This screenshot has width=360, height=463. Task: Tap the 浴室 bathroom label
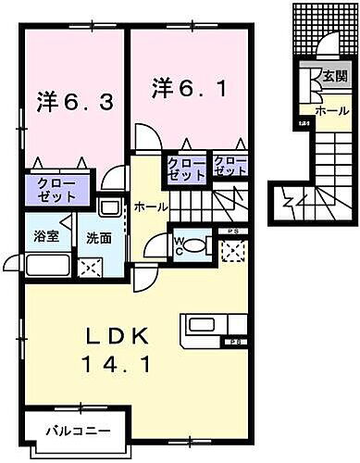(x=46, y=235)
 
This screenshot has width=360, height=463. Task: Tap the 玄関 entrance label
(x=334, y=77)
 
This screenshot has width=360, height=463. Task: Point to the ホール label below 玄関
(x=331, y=111)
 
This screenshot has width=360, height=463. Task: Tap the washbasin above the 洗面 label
(x=107, y=209)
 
